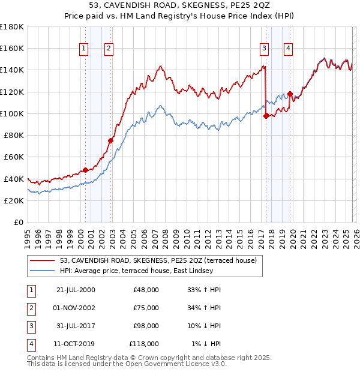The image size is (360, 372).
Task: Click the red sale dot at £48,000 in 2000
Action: (x=85, y=170)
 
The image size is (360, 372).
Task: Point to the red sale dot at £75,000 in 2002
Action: (x=110, y=140)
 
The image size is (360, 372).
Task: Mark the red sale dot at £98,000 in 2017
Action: (x=266, y=116)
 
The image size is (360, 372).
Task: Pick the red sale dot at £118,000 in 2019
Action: (x=290, y=94)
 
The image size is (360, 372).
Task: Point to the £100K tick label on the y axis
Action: (x=12, y=113)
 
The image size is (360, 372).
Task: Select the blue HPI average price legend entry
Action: (x=144, y=271)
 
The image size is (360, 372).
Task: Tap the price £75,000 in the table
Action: (x=146, y=308)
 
